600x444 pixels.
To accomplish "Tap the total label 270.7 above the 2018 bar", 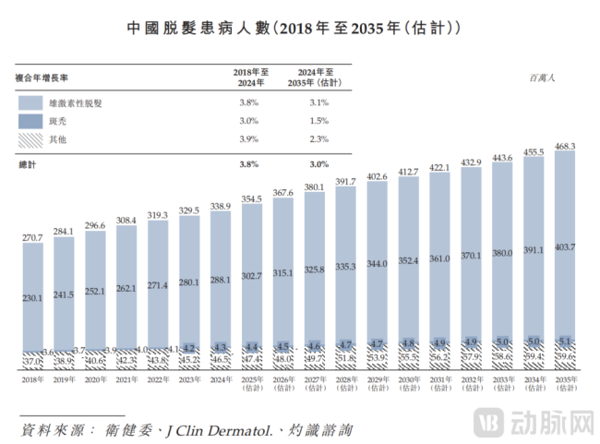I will tap(34, 238).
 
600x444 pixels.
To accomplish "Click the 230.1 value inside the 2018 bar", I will tap(34, 298).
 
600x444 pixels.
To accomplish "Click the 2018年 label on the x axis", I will tap(34, 379).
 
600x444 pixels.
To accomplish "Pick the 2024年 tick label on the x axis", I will tap(221, 379).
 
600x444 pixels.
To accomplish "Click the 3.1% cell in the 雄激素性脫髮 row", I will tap(318, 103).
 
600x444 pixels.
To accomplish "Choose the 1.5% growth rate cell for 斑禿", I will tap(318, 121).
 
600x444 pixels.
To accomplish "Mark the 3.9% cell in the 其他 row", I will tap(248, 138).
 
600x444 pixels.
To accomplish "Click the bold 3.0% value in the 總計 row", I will tap(318, 163).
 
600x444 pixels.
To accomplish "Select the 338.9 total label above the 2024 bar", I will tap(221, 206).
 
